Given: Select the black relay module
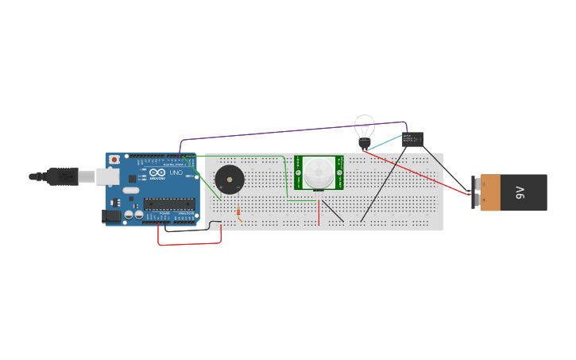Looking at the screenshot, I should [412, 140].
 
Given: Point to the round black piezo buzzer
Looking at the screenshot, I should [229, 180].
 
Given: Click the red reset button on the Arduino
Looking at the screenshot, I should [114, 159].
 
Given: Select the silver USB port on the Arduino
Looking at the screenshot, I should [108, 176].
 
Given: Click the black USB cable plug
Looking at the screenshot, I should [64, 176].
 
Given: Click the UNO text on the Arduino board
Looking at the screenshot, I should [176, 173].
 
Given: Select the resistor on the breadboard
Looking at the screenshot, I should [238, 212].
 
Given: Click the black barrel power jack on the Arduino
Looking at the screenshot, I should [112, 215].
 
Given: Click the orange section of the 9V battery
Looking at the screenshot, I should [491, 193].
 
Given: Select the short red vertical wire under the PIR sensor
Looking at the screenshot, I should [319, 212].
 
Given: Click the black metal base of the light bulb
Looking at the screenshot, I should [364, 143].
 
